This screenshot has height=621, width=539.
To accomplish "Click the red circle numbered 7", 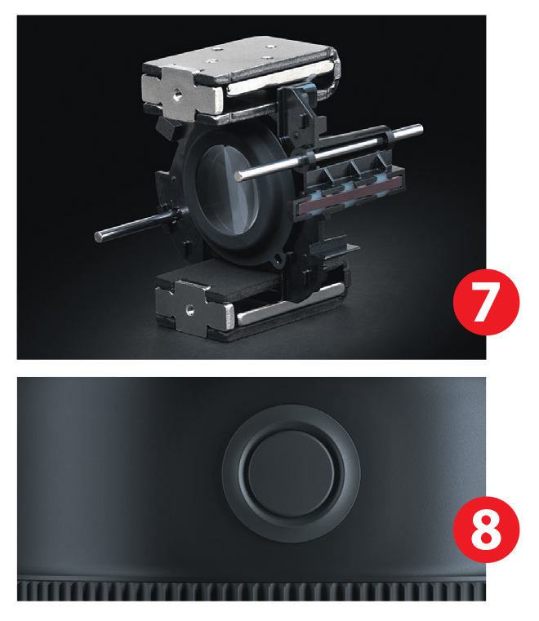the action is coord(486,302).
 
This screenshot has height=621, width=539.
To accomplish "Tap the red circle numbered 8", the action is coord(486,529).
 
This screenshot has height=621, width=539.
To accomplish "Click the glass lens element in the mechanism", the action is coord(227,189).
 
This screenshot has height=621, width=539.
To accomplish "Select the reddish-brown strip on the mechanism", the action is coord(350,195).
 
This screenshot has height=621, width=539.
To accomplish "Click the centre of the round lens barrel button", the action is coord(291,473).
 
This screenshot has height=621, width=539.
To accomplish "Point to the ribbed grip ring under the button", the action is coord(252,591).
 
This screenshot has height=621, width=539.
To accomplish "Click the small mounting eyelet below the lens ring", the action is coord(278,260).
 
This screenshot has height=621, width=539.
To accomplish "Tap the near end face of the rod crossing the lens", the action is coord(238,176).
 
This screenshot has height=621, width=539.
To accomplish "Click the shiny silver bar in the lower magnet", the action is coord(289,305).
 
